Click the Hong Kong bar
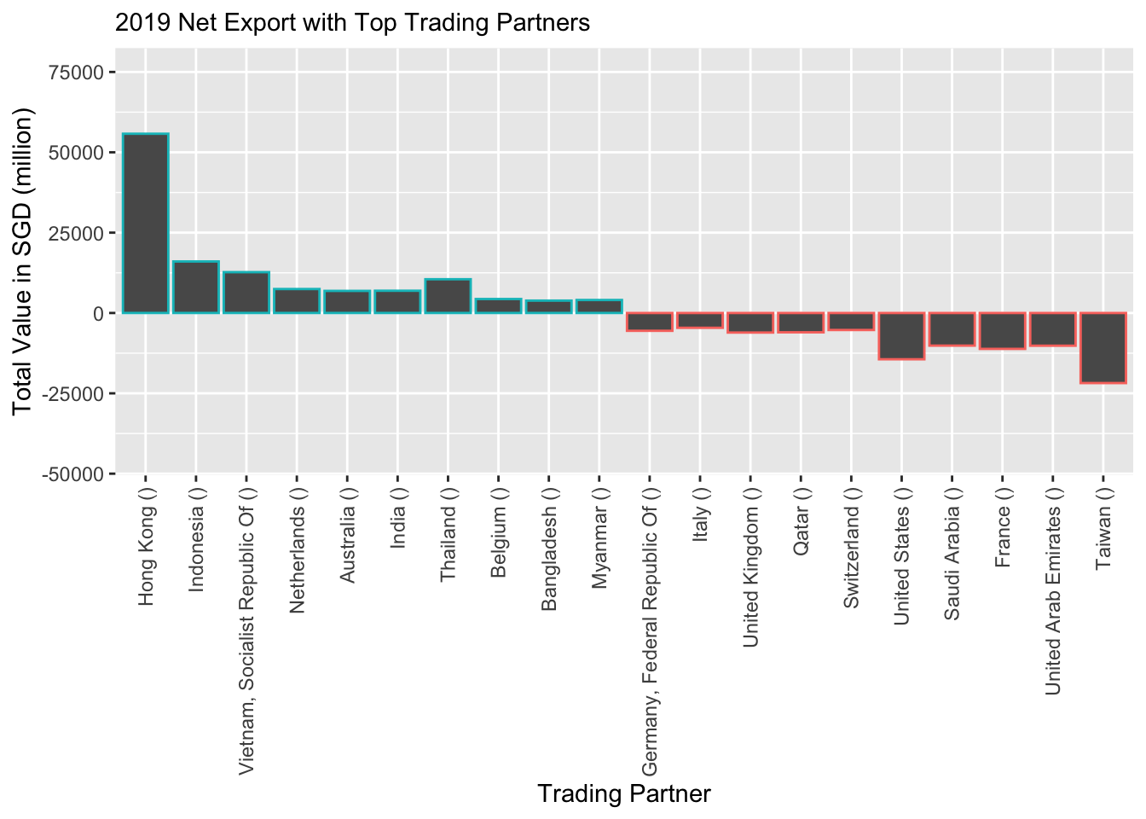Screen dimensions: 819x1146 coord(146,224)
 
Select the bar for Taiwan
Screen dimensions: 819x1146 coord(1103,347)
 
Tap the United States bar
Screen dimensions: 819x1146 coord(902,335)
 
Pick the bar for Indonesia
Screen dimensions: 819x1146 coord(196,288)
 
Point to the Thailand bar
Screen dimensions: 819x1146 coord(448,296)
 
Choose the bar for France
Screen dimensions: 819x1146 coord(1003,330)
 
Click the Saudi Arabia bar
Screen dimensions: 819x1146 coord(952,328)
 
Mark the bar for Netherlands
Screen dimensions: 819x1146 coord(297,301)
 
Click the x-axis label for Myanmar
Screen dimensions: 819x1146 coord(599,537)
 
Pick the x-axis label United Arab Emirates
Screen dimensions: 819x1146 coord(1053,590)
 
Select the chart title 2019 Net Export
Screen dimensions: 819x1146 coord(352,23)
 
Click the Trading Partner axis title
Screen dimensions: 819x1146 coord(624,794)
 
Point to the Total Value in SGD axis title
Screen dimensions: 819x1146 coord(22,261)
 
